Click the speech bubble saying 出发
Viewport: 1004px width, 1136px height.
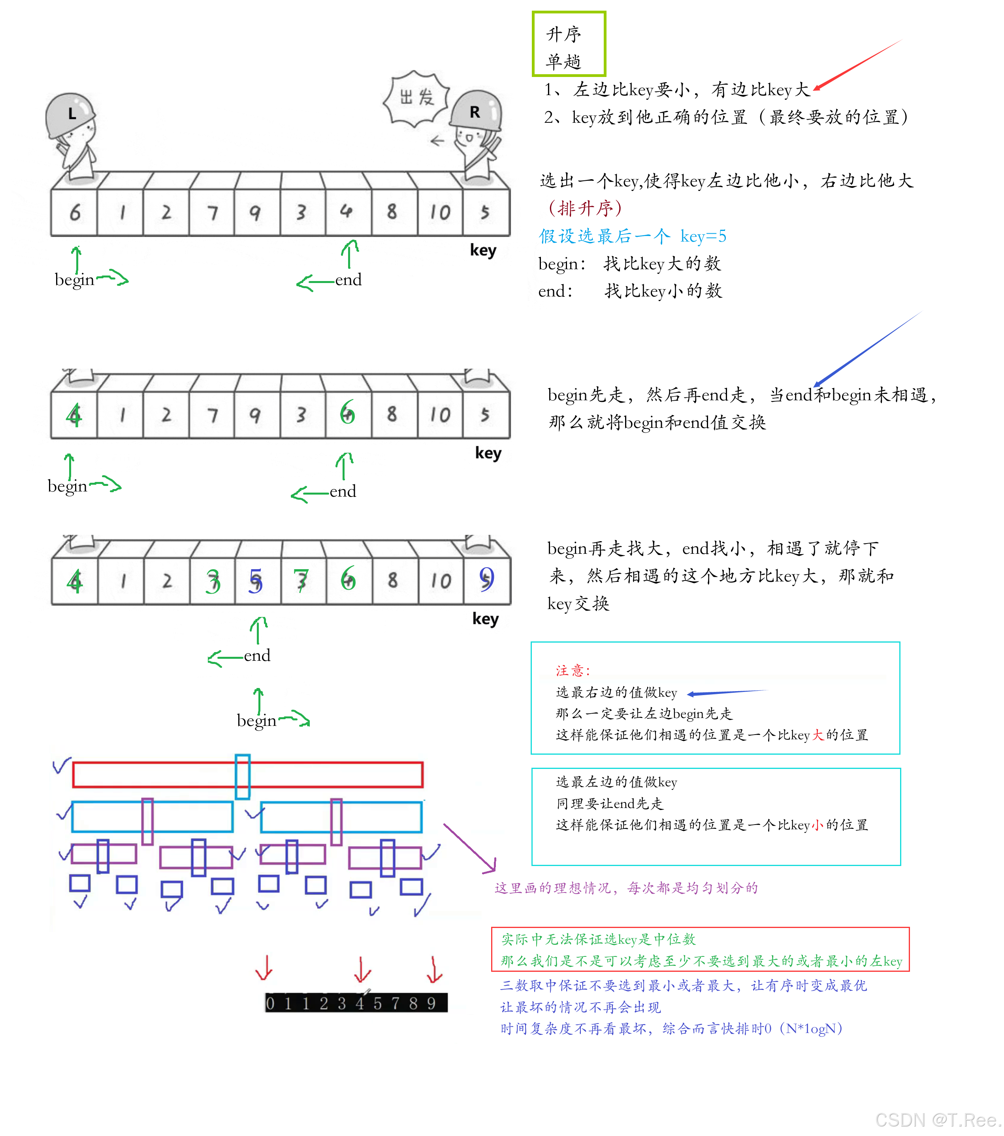[x=416, y=98]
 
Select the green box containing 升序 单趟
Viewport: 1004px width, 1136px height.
[x=569, y=44]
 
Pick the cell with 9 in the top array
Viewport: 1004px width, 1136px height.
[x=255, y=212]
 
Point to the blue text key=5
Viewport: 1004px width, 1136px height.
[x=703, y=236]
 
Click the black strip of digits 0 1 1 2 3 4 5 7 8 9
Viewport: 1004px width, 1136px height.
[x=356, y=1003]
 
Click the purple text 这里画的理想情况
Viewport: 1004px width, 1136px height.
[x=626, y=888]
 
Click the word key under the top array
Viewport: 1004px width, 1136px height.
[x=483, y=250]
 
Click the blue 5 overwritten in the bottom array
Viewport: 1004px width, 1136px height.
[x=255, y=580]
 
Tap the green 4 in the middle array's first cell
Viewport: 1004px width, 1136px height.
[x=73, y=414]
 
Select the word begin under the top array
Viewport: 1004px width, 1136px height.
[x=74, y=279]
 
